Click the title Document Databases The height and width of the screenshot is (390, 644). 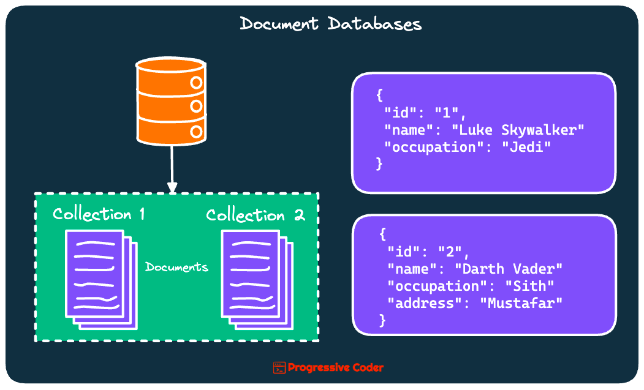330,24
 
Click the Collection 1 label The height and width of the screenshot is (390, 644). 99,214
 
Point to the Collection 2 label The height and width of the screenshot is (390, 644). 255,216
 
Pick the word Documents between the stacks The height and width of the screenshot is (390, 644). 176,267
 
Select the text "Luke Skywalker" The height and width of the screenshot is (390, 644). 518,130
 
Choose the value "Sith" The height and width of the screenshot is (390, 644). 529,286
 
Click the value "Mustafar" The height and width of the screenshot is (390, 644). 521,302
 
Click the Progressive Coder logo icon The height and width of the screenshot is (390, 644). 279,367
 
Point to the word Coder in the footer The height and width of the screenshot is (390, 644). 368,367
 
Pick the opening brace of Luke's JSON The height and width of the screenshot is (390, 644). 379,96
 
